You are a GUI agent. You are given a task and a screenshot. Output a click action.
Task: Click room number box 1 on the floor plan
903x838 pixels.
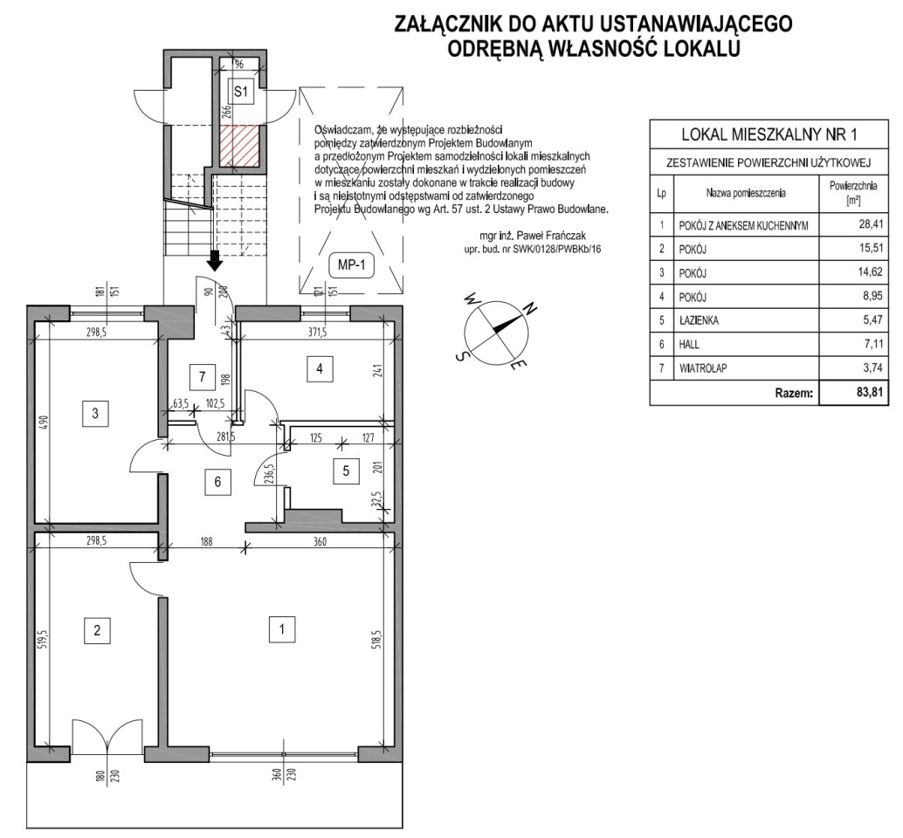281,629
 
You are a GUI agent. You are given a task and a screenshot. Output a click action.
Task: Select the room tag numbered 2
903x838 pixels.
97,630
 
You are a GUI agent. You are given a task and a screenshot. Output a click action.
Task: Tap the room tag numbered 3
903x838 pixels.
95,413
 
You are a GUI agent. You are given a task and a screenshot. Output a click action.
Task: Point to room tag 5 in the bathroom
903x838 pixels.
346,471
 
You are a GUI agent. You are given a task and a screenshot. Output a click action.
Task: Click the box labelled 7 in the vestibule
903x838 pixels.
202,377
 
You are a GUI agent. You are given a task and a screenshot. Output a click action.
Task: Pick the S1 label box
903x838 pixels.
241,91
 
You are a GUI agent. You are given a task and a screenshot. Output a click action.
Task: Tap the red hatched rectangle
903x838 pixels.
241,146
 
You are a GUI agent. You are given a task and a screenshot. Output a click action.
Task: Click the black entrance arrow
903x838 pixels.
215,259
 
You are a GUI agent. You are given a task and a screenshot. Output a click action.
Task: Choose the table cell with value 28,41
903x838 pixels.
853,224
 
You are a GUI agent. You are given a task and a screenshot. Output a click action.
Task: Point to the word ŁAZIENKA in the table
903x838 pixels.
699,320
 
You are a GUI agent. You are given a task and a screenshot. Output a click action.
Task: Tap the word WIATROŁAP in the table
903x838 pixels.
703,368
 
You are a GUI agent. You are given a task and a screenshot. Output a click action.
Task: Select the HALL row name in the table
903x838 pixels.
689,344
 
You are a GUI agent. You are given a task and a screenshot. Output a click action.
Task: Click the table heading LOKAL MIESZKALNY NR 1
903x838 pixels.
769,134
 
